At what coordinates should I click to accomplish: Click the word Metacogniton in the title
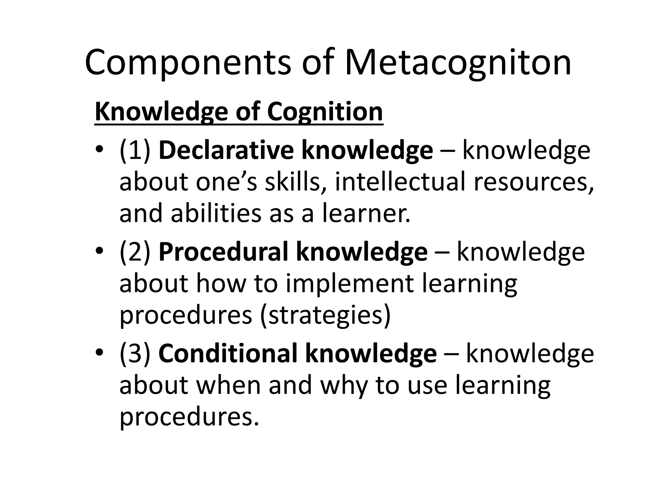[458, 63]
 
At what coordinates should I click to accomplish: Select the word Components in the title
[188, 63]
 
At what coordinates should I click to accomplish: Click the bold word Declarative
[226, 150]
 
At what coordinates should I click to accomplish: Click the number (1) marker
[135, 150]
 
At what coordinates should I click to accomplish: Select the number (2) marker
[135, 252]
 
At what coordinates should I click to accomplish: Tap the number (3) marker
[135, 354]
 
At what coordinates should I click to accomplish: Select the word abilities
[216, 213]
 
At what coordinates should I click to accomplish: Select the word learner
[366, 213]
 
